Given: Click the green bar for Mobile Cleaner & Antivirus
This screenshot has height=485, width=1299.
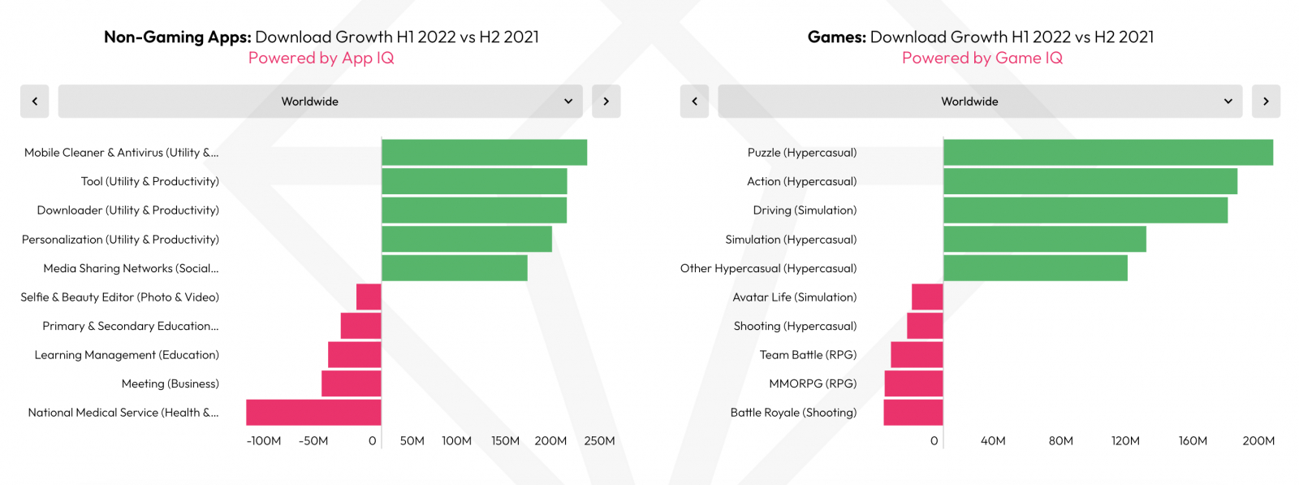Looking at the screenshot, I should tap(484, 153).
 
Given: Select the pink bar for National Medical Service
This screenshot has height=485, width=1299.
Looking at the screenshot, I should tap(313, 413).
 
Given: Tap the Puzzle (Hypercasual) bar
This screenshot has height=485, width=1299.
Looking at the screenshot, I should tap(1108, 153).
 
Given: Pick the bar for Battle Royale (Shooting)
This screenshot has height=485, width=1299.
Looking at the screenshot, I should tap(913, 413).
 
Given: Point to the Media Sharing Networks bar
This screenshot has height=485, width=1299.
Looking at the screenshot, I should tap(455, 268).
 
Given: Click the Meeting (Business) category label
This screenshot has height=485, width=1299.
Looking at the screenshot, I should tap(170, 383).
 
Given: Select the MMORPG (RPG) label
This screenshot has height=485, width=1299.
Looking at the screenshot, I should tap(813, 383).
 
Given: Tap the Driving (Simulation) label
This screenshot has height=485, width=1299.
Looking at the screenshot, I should tap(805, 210).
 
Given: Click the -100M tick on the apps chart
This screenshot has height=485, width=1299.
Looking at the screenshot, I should tap(264, 441).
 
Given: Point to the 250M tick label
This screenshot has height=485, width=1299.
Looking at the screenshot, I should tap(599, 441).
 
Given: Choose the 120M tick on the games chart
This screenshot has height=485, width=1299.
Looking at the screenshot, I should tap(1125, 441).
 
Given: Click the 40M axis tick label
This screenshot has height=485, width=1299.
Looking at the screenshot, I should tap(993, 441).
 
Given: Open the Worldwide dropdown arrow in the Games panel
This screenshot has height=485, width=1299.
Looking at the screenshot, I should tap(1228, 102).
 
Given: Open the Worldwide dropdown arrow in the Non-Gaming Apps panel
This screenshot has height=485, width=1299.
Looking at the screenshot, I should tap(568, 102).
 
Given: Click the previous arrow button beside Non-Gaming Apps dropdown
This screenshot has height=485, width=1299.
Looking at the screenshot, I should tap(35, 102).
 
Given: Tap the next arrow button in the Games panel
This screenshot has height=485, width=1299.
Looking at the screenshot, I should tap(1266, 102).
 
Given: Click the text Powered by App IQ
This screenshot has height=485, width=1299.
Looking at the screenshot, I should tap(322, 58).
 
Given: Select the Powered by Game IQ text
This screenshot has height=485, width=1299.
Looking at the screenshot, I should tap(982, 58).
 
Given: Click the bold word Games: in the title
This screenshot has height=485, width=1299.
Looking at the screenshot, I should tap(836, 37).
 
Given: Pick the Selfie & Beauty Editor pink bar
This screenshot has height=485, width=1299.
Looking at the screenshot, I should tap(369, 297).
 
